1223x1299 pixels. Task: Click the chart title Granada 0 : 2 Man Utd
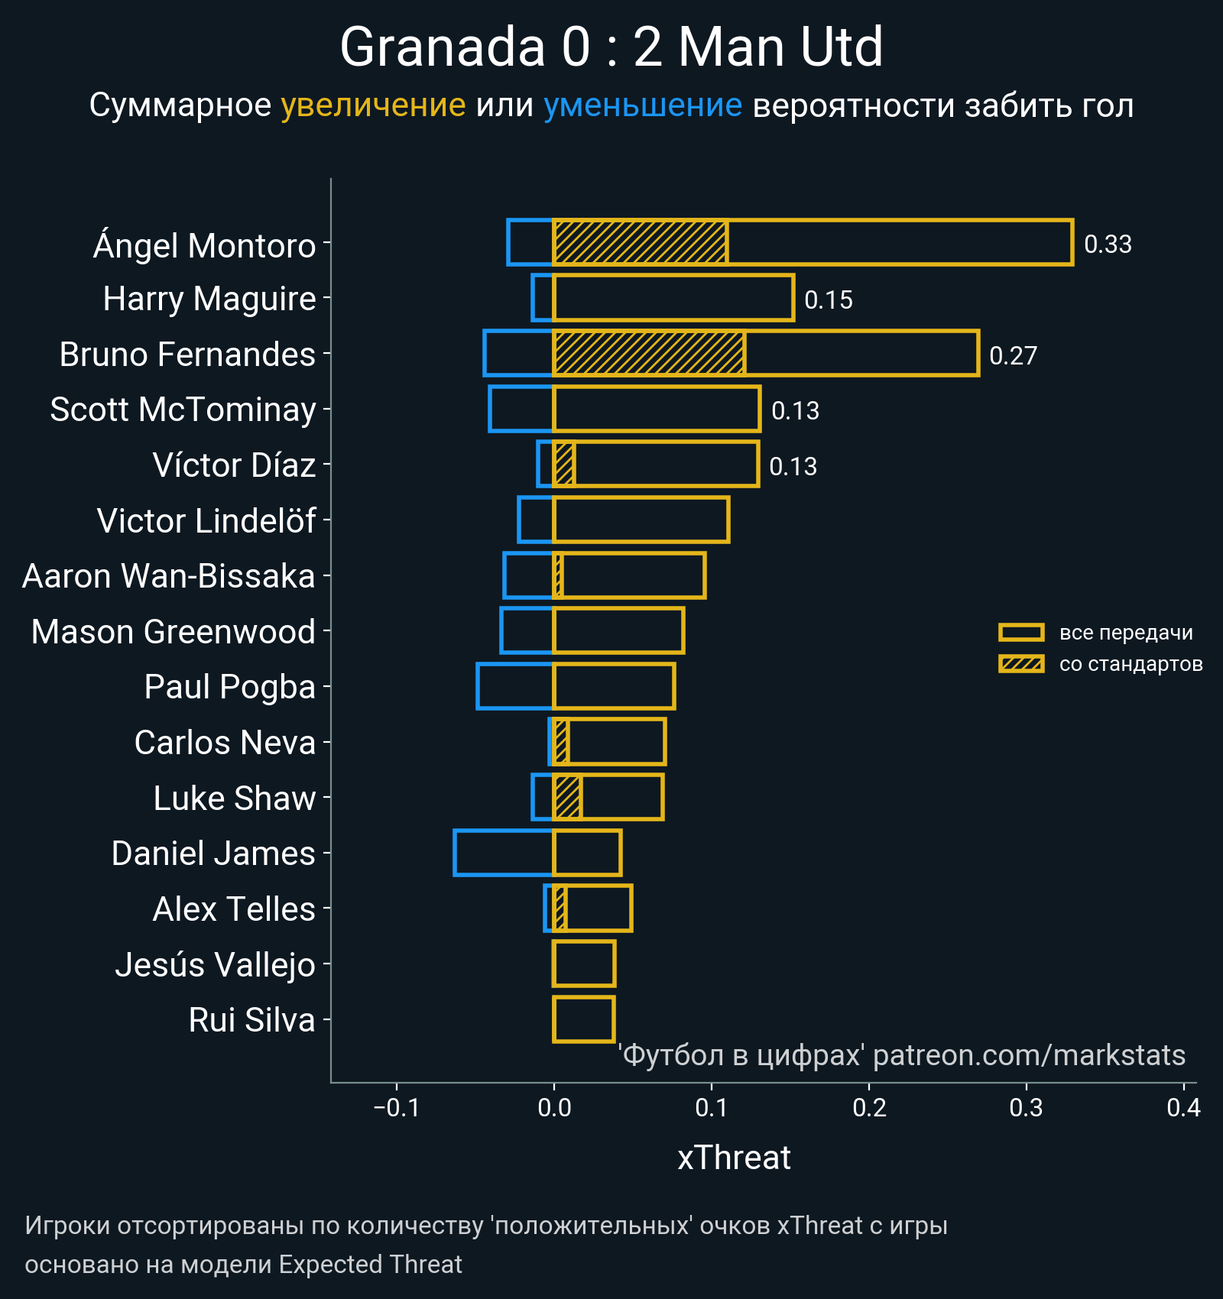(611, 47)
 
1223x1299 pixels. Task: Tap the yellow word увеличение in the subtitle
(373, 105)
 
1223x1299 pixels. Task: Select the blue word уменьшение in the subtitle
(642, 105)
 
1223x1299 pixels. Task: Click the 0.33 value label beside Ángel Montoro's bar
(1108, 245)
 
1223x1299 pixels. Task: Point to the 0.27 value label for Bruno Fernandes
(1013, 356)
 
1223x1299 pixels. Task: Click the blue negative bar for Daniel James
(503, 853)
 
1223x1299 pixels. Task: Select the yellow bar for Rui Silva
(584, 1019)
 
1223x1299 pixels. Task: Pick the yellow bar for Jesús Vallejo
(584, 964)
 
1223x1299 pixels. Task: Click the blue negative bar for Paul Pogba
(514, 686)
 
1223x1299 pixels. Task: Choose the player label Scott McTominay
(183, 410)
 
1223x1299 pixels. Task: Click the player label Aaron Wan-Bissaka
(168, 576)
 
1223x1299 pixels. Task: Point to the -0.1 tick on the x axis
(397, 1107)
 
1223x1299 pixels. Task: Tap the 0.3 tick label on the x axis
(1026, 1107)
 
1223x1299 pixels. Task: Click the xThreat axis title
(734, 1158)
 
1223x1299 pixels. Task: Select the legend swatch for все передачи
(1021, 633)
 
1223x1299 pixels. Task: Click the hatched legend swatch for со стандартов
(1021, 664)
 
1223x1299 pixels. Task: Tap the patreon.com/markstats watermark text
(1029, 1055)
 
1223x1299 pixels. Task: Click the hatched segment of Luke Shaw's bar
(567, 797)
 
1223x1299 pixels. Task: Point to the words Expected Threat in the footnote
(371, 1265)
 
